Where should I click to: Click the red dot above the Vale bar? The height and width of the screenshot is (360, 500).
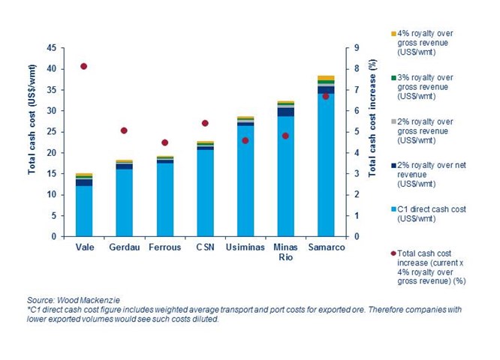pyautogui.click(x=84, y=66)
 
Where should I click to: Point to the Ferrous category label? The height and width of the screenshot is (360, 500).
pyautogui.click(x=164, y=247)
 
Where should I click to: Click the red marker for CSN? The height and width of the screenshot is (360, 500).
pyautogui.click(x=205, y=123)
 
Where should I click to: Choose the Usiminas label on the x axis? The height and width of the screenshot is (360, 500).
pyautogui.click(x=245, y=247)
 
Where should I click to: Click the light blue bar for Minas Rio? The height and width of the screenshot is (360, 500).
pyautogui.click(x=285, y=176)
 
